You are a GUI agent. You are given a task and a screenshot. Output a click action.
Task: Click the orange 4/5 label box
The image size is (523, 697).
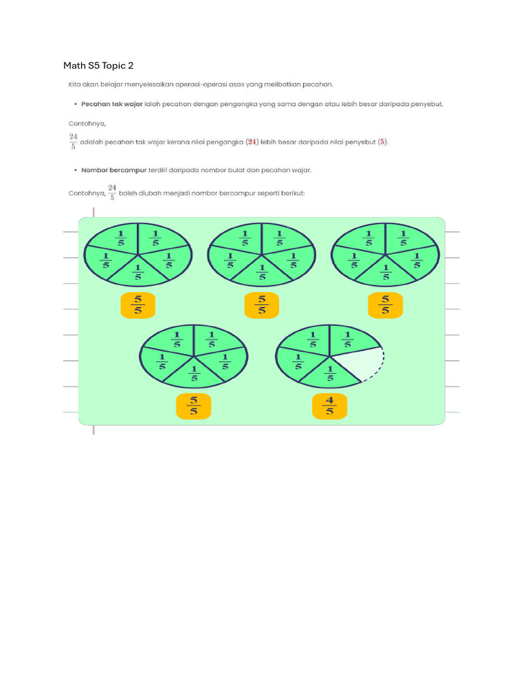[x=330, y=406]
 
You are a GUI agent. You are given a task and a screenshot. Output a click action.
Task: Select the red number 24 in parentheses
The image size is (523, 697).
[x=253, y=142]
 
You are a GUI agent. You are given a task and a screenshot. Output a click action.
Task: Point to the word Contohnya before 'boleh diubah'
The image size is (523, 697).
[x=86, y=193]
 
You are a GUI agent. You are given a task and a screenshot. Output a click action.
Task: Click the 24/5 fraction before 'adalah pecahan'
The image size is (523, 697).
[x=73, y=141]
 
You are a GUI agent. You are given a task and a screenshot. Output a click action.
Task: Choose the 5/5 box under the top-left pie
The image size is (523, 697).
[x=138, y=304]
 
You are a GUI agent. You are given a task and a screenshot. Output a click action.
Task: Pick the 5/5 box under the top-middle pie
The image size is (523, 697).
[x=261, y=304]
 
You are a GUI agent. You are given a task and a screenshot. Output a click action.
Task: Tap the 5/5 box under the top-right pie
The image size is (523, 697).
[x=385, y=304]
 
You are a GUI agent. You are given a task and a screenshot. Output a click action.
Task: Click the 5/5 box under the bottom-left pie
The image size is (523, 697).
[x=193, y=406]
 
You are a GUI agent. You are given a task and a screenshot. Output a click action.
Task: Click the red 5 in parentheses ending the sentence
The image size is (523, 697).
[x=383, y=142]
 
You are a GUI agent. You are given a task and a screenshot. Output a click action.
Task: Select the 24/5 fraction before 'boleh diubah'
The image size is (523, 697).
[x=112, y=193]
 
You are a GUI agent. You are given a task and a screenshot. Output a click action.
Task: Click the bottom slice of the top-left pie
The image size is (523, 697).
[x=138, y=272]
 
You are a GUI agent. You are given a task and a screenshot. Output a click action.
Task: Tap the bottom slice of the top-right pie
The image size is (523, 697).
[x=386, y=272]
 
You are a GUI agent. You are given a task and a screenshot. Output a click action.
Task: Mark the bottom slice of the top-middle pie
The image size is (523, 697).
[x=262, y=272]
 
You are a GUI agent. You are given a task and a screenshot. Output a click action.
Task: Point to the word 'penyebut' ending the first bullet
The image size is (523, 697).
[x=427, y=104]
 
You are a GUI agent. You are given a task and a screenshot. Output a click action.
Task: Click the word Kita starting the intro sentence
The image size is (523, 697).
[x=74, y=84]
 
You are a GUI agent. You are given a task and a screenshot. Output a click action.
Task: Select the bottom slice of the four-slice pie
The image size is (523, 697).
[x=330, y=373]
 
